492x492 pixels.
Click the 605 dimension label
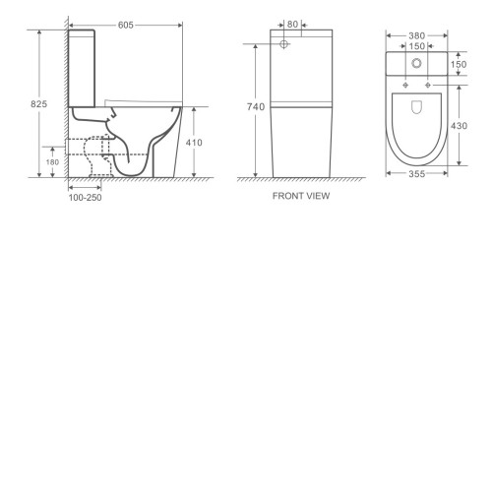tap(126, 26)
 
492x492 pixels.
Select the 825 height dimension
tap(39, 104)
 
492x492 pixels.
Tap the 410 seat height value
tap(194, 143)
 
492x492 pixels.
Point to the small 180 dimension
tap(52, 162)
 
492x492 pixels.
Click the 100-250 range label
tap(85, 198)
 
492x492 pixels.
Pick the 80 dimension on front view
tap(292, 25)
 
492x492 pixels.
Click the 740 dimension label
tap(256, 107)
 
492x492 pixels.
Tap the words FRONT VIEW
tap(301, 196)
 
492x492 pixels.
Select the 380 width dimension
tap(417, 35)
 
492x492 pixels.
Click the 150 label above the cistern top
tap(417, 46)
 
